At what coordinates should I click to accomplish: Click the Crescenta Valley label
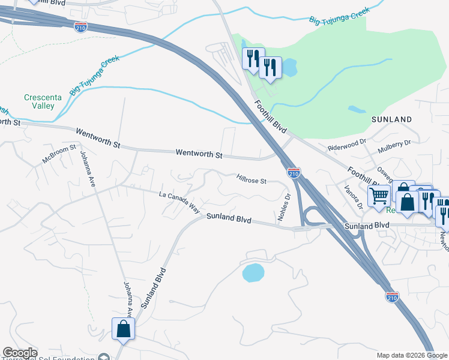[x=39, y=101]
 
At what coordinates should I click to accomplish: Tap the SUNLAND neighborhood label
[x=391, y=119]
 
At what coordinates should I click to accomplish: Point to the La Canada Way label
[x=179, y=202]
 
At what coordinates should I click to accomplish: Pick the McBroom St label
[x=59, y=154]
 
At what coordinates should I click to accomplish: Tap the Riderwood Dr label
[x=346, y=145]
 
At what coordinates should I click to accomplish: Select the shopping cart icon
[x=379, y=195]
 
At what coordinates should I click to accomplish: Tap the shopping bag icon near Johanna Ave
[x=123, y=329]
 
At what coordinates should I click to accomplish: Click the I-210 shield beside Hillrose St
[x=294, y=173]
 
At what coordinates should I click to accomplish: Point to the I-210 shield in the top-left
[x=80, y=26]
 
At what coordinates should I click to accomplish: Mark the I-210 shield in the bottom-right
[x=392, y=297]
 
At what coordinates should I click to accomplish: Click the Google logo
[x=20, y=353]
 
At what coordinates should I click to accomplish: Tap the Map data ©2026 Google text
[x=412, y=355]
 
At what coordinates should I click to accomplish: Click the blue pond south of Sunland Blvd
[x=253, y=273]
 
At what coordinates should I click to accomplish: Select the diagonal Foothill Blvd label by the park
[x=271, y=117]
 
